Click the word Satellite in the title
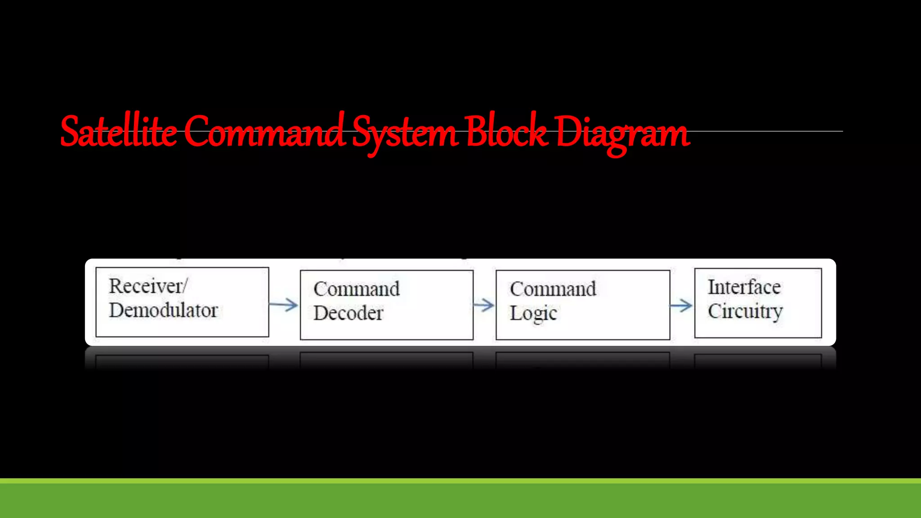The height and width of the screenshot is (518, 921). point(118,132)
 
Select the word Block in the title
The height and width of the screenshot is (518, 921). point(506,131)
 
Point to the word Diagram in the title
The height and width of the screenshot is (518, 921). point(622,133)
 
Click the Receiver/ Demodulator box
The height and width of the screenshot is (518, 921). point(182,302)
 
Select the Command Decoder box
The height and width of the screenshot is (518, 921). point(386,305)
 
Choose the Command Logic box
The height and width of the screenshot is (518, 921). point(583,305)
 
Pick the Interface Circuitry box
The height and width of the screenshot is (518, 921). point(758,303)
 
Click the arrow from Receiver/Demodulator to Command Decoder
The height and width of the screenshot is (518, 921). point(284,305)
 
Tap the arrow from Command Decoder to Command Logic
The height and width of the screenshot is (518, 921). point(484,305)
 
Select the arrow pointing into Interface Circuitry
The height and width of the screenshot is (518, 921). point(681,306)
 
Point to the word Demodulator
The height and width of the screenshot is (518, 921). point(163,310)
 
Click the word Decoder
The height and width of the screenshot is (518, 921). point(349,313)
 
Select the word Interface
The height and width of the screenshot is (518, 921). point(744,287)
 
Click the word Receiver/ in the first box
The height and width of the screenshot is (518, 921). point(148,286)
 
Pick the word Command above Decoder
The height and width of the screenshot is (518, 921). point(357,289)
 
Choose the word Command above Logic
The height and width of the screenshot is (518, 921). point(553,289)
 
